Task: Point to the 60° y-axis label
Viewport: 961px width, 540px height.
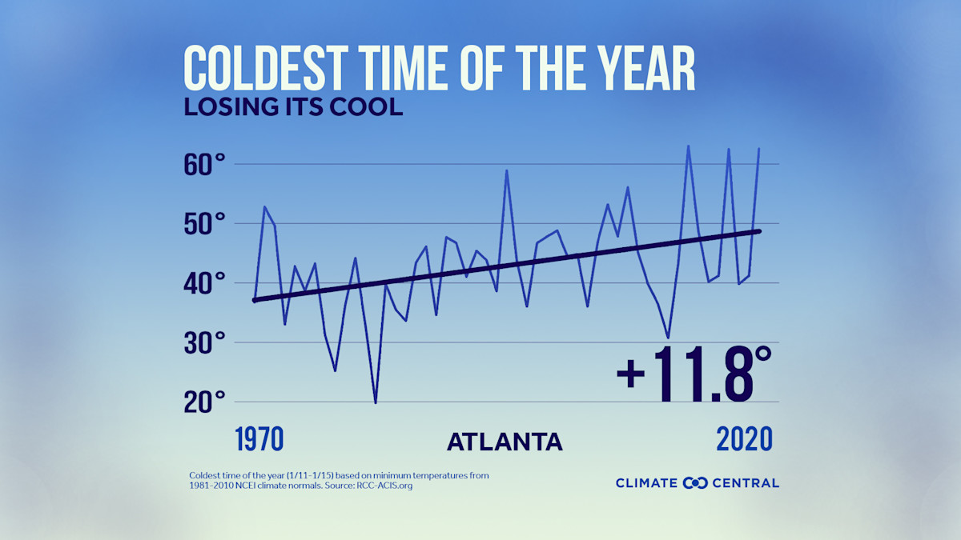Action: (x=206, y=166)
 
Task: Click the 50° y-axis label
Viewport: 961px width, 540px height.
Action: (x=206, y=224)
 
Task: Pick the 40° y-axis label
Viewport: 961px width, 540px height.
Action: (x=206, y=283)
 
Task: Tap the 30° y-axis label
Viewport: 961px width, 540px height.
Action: (x=206, y=343)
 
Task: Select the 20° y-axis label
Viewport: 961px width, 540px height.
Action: (x=206, y=402)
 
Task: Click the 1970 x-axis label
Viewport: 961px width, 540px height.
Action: (x=259, y=439)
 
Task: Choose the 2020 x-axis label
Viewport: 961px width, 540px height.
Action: (x=744, y=439)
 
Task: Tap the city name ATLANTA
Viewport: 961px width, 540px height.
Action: (x=504, y=442)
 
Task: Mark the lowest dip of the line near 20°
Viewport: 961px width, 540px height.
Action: (x=376, y=402)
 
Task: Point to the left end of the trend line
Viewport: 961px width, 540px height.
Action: (x=255, y=300)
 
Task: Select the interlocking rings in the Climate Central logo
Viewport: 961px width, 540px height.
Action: (x=695, y=482)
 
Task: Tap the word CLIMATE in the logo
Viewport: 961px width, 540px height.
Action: (x=647, y=482)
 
